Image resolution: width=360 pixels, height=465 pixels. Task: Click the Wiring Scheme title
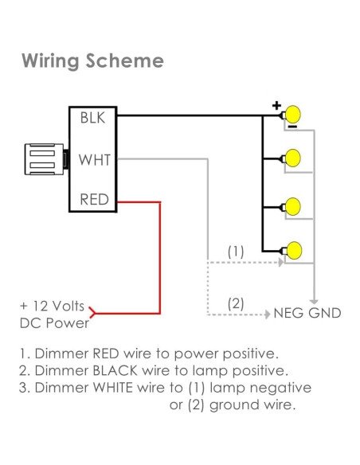92,61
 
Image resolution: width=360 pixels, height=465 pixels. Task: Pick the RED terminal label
94,199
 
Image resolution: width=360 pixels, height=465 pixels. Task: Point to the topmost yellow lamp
294,114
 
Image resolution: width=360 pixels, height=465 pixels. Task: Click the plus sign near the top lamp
276,104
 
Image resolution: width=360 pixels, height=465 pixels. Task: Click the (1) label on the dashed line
236,251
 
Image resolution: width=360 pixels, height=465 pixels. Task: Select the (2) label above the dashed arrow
236,303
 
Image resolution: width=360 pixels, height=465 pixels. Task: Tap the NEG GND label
307,313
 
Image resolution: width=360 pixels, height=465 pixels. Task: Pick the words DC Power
54,323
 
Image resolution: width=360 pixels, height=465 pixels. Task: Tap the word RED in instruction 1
108,352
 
